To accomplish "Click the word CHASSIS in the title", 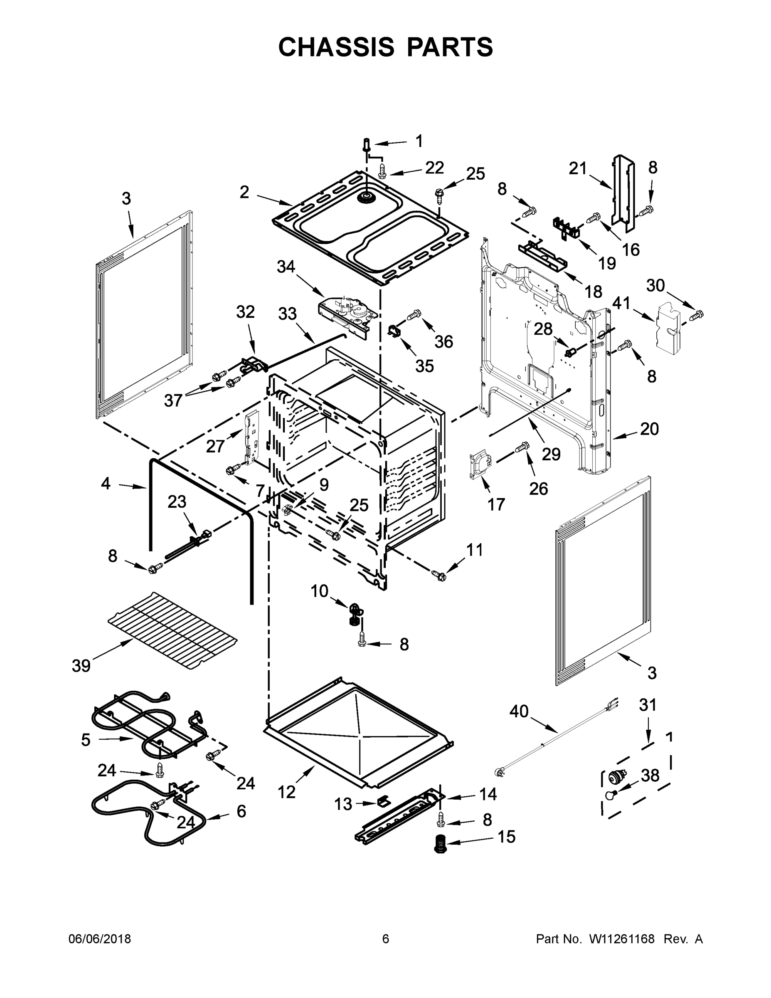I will [x=336, y=47].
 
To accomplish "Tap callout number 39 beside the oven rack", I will [x=81, y=666].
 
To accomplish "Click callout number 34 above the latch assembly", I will [x=286, y=267].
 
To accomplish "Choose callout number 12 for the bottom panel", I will [x=287, y=791].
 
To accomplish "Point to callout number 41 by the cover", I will [x=621, y=303].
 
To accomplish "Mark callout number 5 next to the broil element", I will [x=86, y=739].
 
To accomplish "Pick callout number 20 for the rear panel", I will [x=649, y=429].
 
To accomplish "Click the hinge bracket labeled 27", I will [x=253, y=439].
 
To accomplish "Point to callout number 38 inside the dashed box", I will [x=650, y=775].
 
